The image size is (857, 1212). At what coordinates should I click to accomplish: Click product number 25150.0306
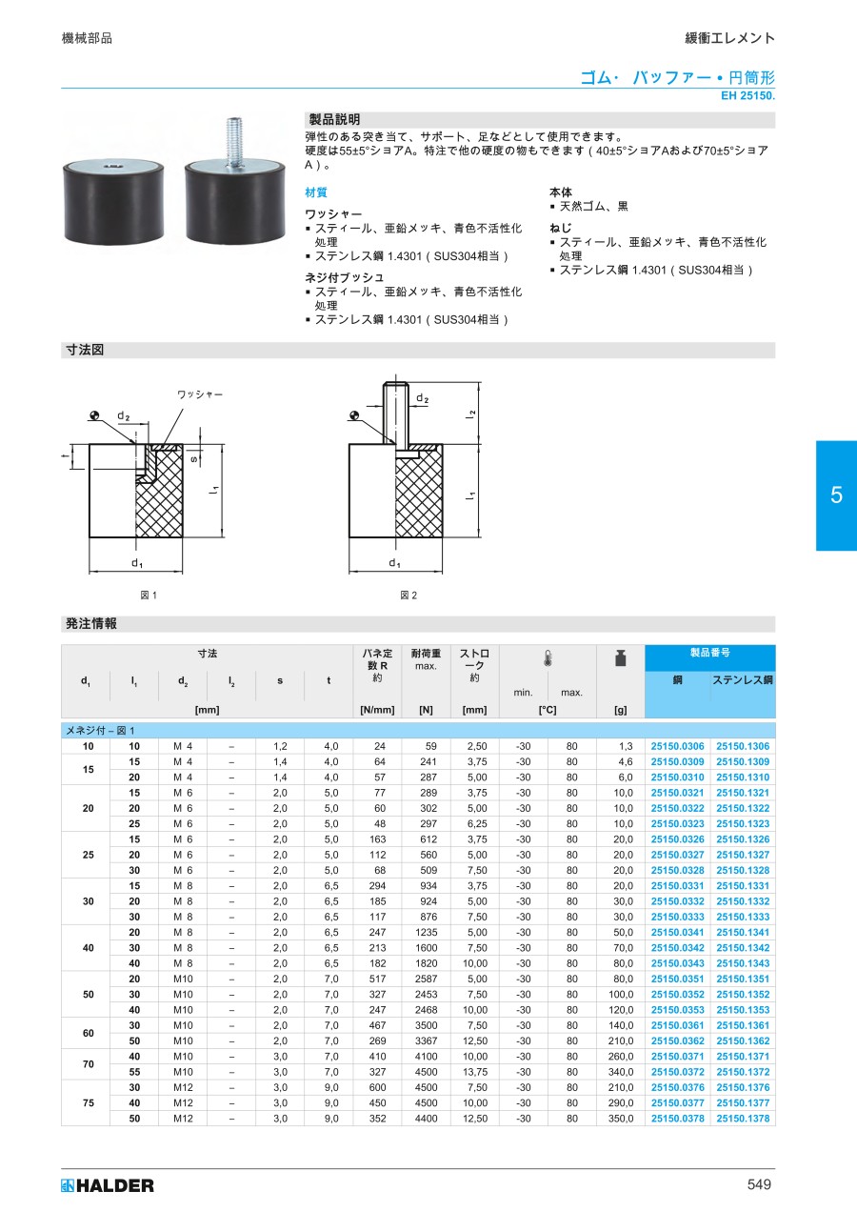[x=677, y=746]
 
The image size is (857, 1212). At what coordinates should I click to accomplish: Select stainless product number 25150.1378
[x=743, y=1119]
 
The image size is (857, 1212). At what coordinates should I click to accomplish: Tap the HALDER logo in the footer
[x=108, y=1185]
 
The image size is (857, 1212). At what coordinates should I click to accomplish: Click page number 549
[x=759, y=1184]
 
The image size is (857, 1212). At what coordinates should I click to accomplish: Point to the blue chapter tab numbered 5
[x=836, y=495]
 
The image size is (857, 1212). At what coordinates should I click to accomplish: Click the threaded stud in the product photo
[x=233, y=142]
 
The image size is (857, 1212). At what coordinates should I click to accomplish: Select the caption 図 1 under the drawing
[x=149, y=596]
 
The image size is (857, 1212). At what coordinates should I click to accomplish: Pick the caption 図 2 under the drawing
[x=409, y=596]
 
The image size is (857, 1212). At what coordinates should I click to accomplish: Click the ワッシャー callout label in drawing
[x=200, y=394]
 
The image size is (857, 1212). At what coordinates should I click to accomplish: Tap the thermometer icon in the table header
[x=548, y=658]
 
